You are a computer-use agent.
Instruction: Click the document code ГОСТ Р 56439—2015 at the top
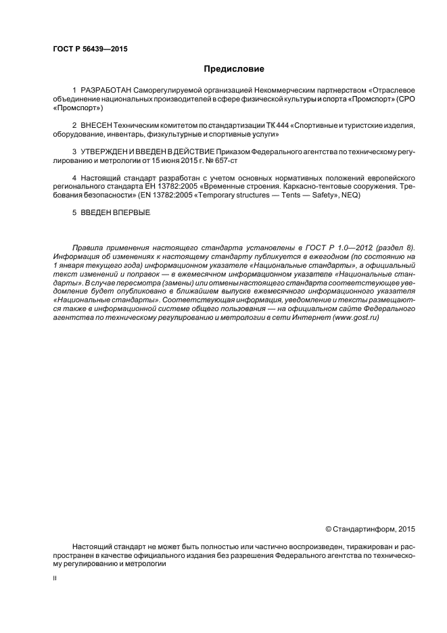(x=89, y=49)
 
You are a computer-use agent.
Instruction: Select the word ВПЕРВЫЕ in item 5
(x=132, y=213)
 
